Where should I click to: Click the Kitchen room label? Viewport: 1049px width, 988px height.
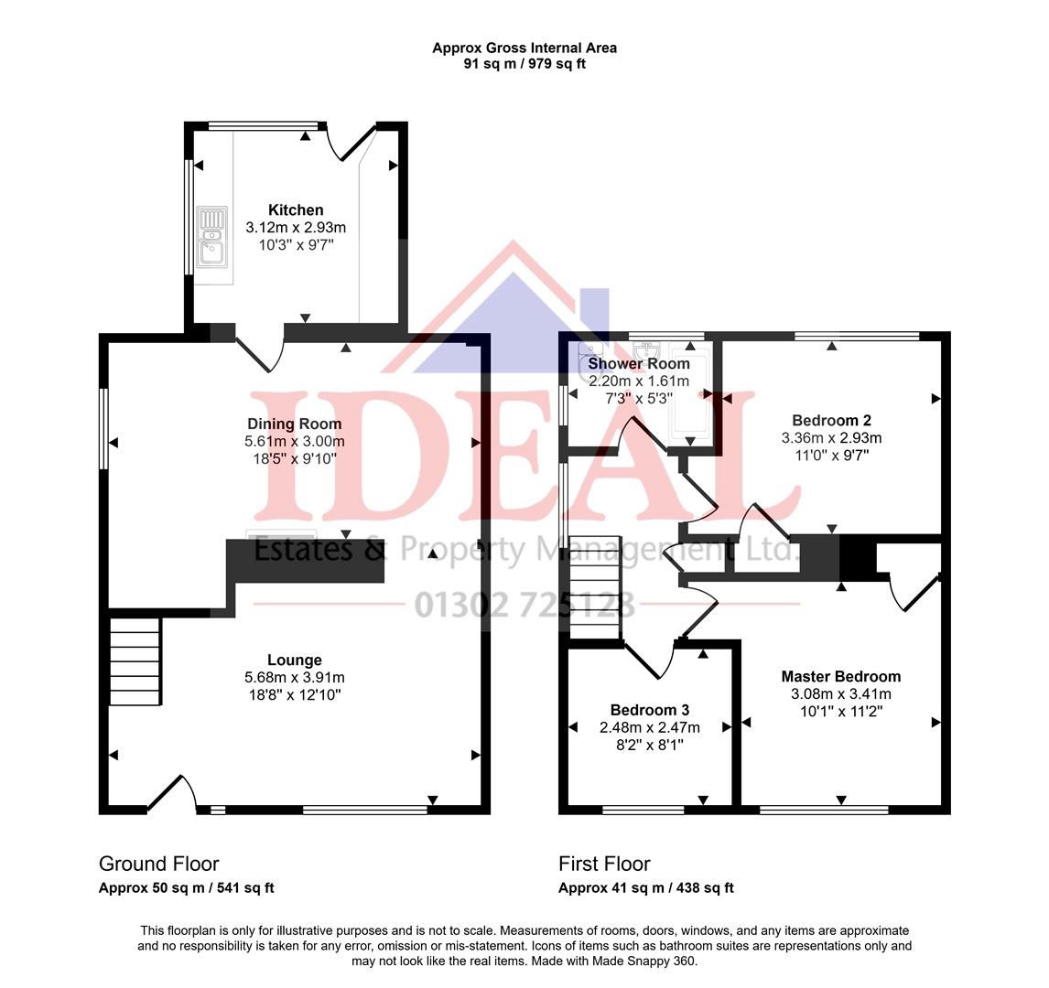pyautogui.click(x=295, y=210)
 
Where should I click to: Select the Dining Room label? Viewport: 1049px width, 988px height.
pyautogui.click(x=294, y=424)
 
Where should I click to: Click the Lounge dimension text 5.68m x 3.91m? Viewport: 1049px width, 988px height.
pyautogui.click(x=294, y=677)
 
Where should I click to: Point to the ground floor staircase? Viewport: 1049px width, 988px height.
pyautogui.click(x=135, y=661)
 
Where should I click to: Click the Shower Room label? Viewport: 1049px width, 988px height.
pyautogui.click(x=638, y=363)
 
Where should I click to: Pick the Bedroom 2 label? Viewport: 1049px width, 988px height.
pyautogui.click(x=831, y=421)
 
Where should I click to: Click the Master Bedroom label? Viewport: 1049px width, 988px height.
pyautogui.click(x=840, y=677)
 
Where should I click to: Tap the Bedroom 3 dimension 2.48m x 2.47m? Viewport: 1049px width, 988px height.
pyautogui.click(x=649, y=727)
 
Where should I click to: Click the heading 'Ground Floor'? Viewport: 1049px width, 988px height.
pyautogui.click(x=158, y=864)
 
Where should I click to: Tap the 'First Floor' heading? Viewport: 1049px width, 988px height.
pyautogui.click(x=604, y=864)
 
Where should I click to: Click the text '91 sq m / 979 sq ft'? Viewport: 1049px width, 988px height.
pyautogui.click(x=524, y=64)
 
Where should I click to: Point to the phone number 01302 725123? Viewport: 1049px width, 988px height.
pyautogui.click(x=524, y=605)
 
